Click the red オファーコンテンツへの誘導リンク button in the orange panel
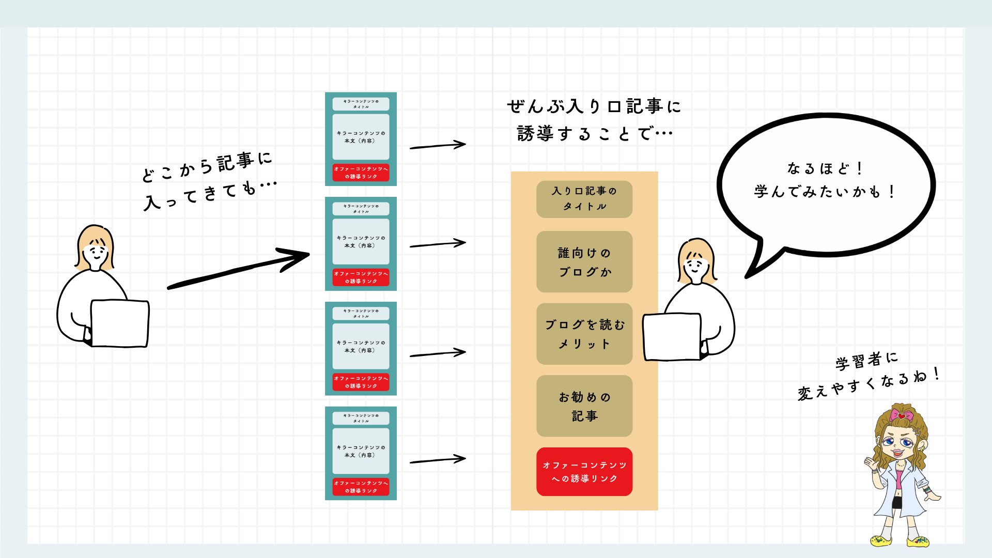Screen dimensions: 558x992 pyautogui.click(x=584, y=472)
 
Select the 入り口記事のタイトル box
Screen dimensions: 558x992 pyautogui.click(x=584, y=199)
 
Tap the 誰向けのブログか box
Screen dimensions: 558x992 pyautogui.click(x=584, y=262)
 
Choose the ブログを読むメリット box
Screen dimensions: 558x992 pyautogui.click(x=584, y=334)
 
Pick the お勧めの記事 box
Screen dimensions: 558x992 pyautogui.click(x=584, y=406)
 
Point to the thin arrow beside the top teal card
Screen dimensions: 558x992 pyautogui.click(x=438, y=146)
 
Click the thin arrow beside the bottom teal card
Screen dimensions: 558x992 pyautogui.click(x=438, y=459)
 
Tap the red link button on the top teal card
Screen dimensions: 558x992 pyautogui.click(x=361, y=173)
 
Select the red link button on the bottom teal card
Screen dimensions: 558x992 pyautogui.click(x=361, y=487)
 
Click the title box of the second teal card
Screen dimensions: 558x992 pyautogui.click(x=361, y=209)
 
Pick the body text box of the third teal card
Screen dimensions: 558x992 pyautogui.click(x=361, y=347)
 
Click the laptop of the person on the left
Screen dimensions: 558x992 pyautogui.click(x=119, y=323)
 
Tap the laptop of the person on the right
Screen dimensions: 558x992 pyautogui.click(x=672, y=336)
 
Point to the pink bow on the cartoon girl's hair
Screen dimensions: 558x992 pyautogui.click(x=902, y=415)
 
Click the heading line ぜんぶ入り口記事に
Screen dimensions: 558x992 pyautogui.click(x=594, y=106)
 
